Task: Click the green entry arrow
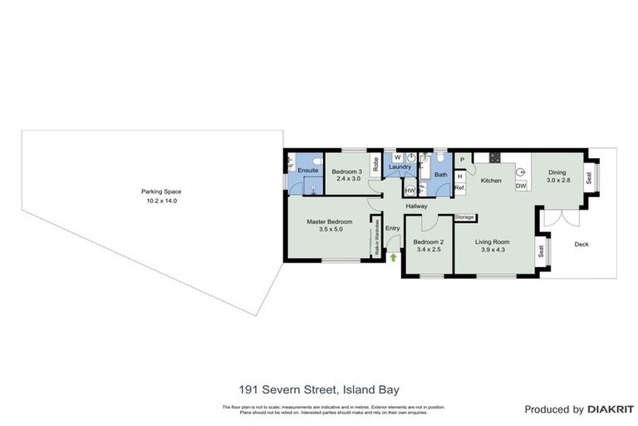point(393,258)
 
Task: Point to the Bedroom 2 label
point(427,245)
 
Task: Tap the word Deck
point(581,244)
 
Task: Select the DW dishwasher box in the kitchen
point(521,186)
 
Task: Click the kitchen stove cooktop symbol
point(494,157)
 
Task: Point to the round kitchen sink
point(521,172)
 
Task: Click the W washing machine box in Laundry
point(397,156)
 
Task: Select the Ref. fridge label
point(459,188)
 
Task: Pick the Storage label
point(464,217)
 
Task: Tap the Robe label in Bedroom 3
point(375,165)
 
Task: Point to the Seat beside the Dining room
point(589,177)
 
